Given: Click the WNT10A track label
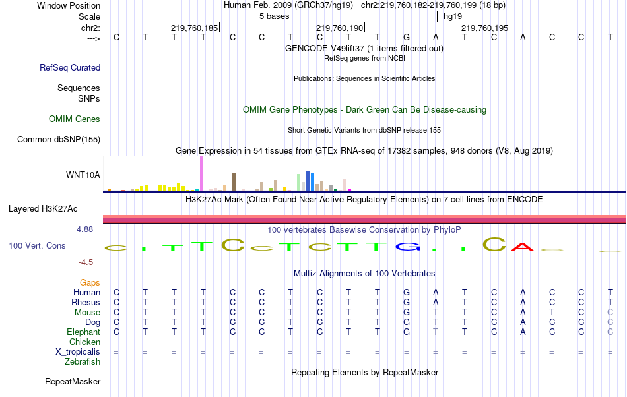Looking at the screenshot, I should [x=83, y=175].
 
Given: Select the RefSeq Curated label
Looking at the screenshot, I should [x=70, y=67].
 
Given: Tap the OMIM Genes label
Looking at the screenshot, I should [x=75, y=119].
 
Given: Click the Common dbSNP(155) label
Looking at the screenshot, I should [x=59, y=139].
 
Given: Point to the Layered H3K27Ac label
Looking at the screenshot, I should [x=43, y=209].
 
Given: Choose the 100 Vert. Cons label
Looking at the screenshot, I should [x=37, y=245].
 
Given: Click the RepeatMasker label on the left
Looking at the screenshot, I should [x=73, y=381].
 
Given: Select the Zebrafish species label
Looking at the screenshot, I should [x=82, y=362].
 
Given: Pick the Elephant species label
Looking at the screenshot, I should [x=83, y=332].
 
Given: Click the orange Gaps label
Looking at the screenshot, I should [x=90, y=282].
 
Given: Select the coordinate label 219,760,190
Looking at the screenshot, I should [x=340, y=28].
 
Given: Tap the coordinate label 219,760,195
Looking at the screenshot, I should [x=485, y=28].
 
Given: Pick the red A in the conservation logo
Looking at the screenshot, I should [x=522, y=247].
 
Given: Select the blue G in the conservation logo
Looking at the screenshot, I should [x=407, y=247].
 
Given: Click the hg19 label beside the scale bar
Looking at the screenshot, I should [x=453, y=16].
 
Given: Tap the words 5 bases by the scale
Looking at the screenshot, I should [x=274, y=16].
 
